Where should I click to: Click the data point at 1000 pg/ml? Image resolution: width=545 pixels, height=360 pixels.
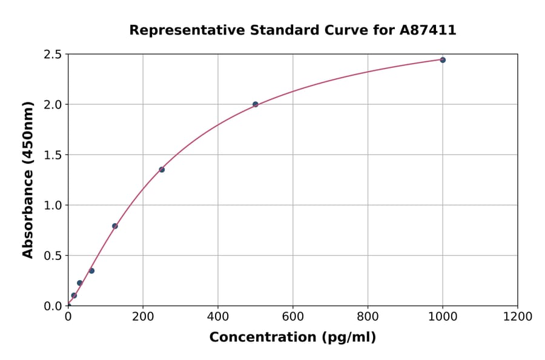443,60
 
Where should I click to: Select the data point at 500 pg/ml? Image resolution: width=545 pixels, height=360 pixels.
256,104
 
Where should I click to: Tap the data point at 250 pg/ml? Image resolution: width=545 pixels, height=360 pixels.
162,170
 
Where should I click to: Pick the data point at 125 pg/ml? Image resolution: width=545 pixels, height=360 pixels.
115,226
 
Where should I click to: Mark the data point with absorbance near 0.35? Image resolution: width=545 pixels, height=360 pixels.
91,271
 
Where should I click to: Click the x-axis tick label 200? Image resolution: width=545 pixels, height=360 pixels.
143,316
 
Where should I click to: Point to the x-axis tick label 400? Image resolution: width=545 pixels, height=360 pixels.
218,316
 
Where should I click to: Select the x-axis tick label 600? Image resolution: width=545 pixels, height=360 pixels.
293,316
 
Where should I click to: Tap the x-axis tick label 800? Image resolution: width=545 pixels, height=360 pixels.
368,316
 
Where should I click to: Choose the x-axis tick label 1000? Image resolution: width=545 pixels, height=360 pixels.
443,316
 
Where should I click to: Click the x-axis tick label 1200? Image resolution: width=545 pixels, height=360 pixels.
518,316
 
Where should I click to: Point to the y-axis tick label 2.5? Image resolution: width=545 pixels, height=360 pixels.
53,55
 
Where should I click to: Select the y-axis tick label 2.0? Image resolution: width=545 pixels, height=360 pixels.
53,105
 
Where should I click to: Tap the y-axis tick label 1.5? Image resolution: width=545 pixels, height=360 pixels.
53,155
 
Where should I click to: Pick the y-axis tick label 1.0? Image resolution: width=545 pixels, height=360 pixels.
53,205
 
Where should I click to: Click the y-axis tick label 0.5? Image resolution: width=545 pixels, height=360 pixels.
53,256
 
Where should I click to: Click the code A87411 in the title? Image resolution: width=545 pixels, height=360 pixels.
428,30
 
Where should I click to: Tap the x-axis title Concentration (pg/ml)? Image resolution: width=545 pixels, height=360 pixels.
292,338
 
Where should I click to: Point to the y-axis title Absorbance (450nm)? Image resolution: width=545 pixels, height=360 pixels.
28,179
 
